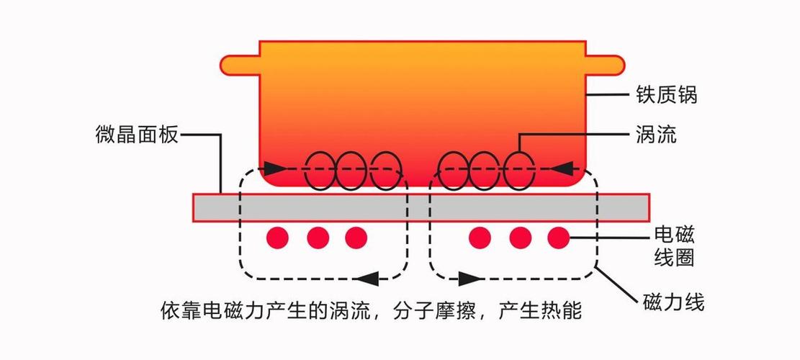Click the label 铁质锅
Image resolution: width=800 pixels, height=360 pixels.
(666, 95)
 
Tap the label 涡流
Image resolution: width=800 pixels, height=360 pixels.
(656, 134)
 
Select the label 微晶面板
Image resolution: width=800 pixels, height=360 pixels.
(136, 134)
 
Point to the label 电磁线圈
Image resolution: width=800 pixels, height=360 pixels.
(674, 246)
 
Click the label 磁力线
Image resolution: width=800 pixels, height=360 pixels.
(673, 302)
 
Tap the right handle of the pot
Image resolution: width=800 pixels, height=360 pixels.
(605, 65)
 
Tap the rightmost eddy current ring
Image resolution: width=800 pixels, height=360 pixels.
(518, 171)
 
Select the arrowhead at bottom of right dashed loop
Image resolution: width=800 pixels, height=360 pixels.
(469, 276)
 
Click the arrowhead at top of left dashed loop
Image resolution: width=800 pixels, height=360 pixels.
(271, 169)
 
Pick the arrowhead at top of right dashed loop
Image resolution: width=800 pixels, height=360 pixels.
(566, 169)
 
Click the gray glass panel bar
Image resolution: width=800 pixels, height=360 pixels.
(421, 207)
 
